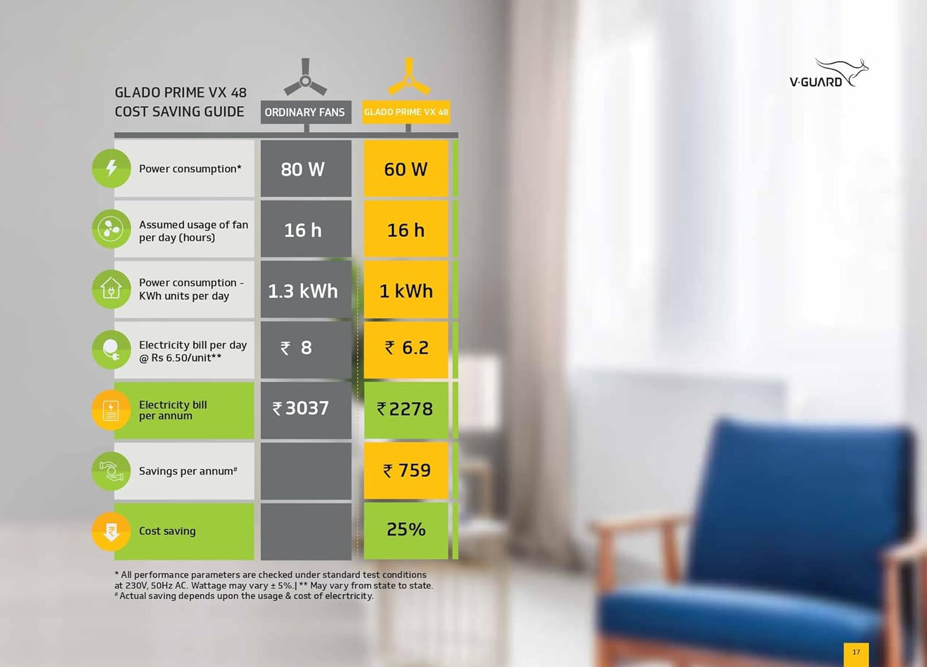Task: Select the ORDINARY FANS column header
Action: [x=305, y=112]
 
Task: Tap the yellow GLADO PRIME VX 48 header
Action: [x=406, y=112]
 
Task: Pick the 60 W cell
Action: [x=406, y=169]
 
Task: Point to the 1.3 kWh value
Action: [x=303, y=291]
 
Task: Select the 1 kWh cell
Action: [x=406, y=291]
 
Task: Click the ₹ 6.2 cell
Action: [x=406, y=348]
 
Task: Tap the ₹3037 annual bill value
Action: [x=302, y=408]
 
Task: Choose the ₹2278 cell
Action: [x=405, y=409]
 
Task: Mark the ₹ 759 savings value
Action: [x=406, y=471]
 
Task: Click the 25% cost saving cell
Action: [x=406, y=530]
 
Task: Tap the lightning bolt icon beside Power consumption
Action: [x=111, y=168]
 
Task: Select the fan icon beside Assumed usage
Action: [x=111, y=229]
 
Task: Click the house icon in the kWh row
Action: [x=111, y=289]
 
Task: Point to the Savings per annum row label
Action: [x=188, y=471]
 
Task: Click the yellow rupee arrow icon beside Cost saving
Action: [x=111, y=532]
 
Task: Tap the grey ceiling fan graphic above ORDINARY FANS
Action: [x=305, y=79]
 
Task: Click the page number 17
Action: [x=856, y=652]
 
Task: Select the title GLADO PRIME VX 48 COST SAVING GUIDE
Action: [x=180, y=102]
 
